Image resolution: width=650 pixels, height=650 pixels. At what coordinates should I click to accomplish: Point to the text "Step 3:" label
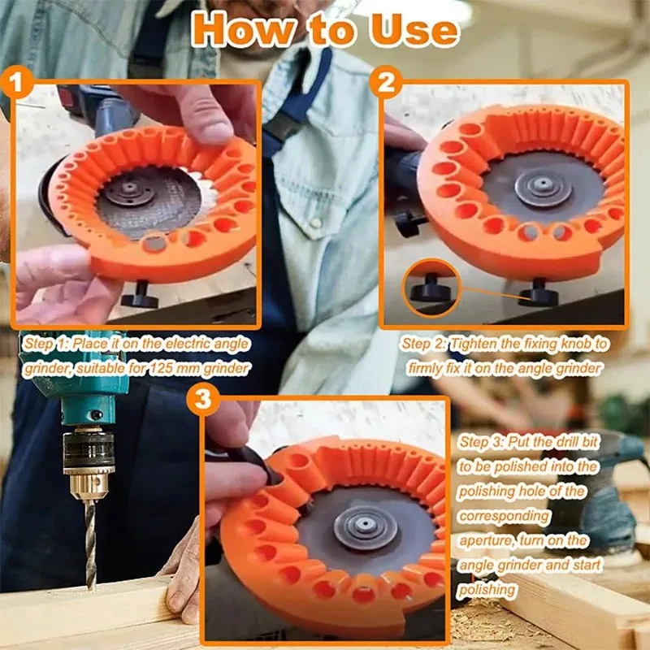[x=483, y=442]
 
